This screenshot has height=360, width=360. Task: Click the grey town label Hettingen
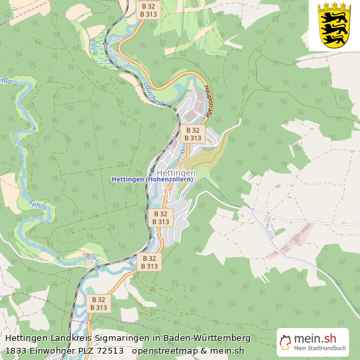[x=172, y=173]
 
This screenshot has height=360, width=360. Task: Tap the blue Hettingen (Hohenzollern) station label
[x=152, y=180]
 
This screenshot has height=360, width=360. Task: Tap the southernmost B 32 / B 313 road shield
[x=99, y=304]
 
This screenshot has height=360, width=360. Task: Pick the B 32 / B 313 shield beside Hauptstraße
[x=193, y=133]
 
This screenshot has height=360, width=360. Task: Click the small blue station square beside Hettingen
[x=183, y=152]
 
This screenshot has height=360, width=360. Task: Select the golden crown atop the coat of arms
[x=334, y=6]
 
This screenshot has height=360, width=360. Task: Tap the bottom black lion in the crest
[x=334, y=38]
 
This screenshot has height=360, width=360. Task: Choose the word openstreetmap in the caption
[x=166, y=350]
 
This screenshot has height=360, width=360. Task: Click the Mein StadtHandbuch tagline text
[x=320, y=349]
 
